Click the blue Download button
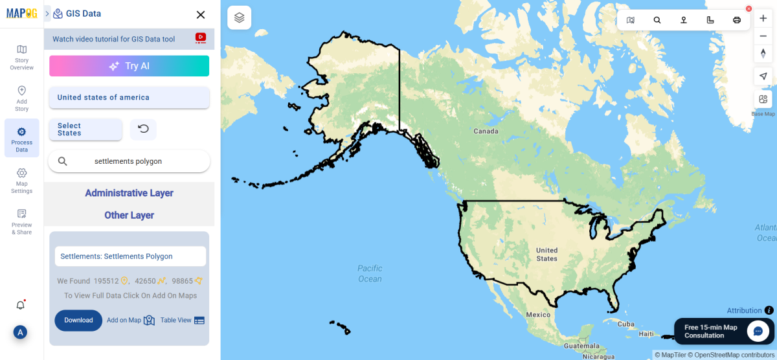[78, 320]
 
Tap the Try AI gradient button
[129, 66]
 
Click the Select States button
[85, 129]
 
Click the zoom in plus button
[763, 19]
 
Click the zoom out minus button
[763, 36]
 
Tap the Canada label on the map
[486, 131]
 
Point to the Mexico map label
[537, 315]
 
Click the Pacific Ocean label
[370, 273]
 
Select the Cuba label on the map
[625, 324]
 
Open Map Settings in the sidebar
[22, 180]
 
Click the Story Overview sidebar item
[22, 56]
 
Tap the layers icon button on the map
[239, 18]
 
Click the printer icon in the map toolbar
[736, 20]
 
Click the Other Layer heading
[129, 215]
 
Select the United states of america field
[129, 97]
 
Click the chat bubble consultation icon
[758, 331]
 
